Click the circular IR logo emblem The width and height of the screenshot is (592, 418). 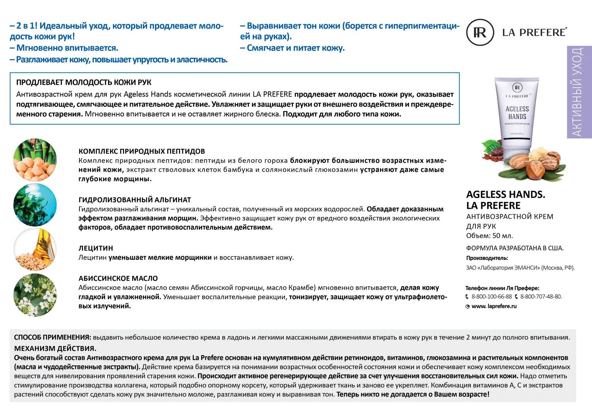(480, 32)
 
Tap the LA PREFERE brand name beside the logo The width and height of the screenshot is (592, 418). (534, 32)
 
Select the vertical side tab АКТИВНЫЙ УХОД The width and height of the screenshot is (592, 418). (579, 92)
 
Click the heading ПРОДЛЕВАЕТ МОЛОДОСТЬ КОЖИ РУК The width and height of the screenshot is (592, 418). (84, 82)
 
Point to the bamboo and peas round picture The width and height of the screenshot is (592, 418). (35, 160)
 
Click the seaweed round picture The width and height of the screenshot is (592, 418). (35, 205)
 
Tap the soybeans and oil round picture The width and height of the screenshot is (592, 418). (35, 250)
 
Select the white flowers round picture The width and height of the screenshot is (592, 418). (35, 295)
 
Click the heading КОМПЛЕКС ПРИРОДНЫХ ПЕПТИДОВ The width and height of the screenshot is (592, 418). (141, 151)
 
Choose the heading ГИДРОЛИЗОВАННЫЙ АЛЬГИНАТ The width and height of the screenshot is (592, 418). (135, 200)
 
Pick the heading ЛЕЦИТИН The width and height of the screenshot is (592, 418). (96, 248)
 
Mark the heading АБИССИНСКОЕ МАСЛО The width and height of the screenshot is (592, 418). (118, 279)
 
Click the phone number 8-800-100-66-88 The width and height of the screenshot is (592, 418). (491, 297)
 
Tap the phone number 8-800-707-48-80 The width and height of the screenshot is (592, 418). (541, 297)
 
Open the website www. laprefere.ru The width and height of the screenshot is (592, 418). (494, 306)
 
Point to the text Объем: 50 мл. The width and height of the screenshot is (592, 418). (489, 236)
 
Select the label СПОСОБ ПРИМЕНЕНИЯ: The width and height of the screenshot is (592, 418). (52, 337)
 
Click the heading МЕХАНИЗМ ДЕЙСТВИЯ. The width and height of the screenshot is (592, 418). (55, 348)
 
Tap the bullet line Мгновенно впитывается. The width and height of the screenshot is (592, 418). (67, 48)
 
